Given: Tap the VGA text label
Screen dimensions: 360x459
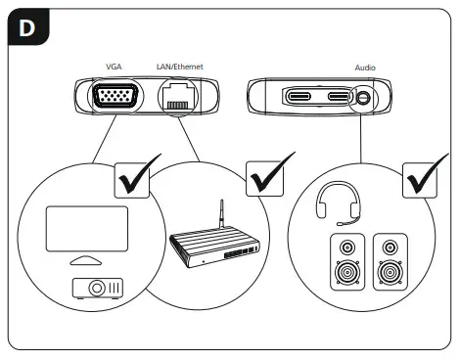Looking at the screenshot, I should tap(114, 66).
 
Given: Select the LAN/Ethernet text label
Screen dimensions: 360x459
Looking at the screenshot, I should tap(180, 66).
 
